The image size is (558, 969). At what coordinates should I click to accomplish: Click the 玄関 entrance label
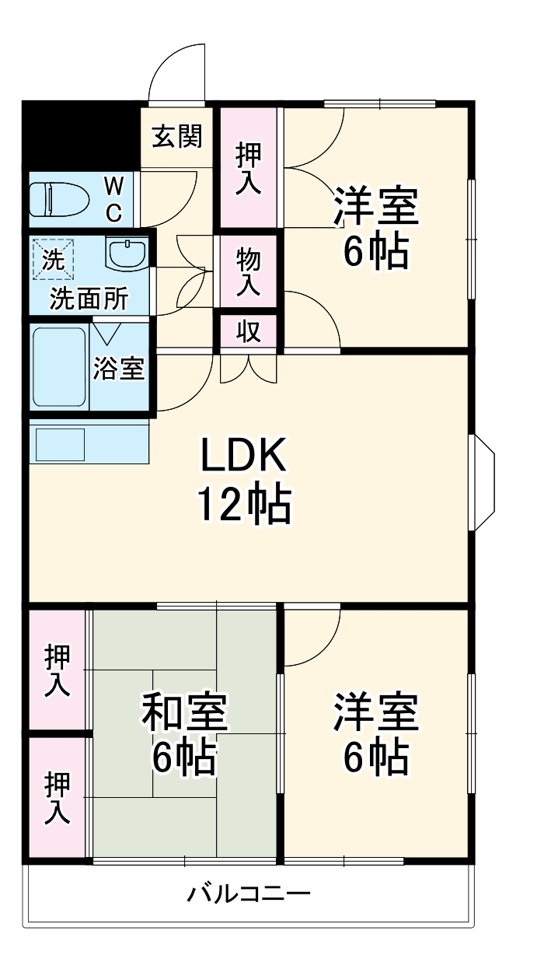click(177, 136)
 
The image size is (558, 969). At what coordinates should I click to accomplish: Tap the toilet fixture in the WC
click(59, 199)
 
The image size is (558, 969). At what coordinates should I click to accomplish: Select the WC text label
click(113, 199)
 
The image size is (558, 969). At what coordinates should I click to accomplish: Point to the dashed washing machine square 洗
click(53, 260)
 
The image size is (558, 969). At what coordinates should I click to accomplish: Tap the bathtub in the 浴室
click(60, 367)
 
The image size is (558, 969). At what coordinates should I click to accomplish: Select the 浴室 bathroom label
click(119, 369)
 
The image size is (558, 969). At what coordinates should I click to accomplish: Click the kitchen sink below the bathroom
click(60, 445)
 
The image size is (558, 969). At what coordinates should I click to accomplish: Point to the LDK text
click(243, 455)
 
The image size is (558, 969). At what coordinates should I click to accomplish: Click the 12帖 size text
click(244, 505)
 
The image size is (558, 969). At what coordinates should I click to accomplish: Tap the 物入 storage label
click(249, 272)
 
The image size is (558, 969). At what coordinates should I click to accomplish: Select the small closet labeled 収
click(249, 331)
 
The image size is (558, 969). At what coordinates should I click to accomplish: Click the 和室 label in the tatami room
click(184, 712)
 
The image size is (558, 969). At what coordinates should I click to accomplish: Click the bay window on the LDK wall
click(482, 483)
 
